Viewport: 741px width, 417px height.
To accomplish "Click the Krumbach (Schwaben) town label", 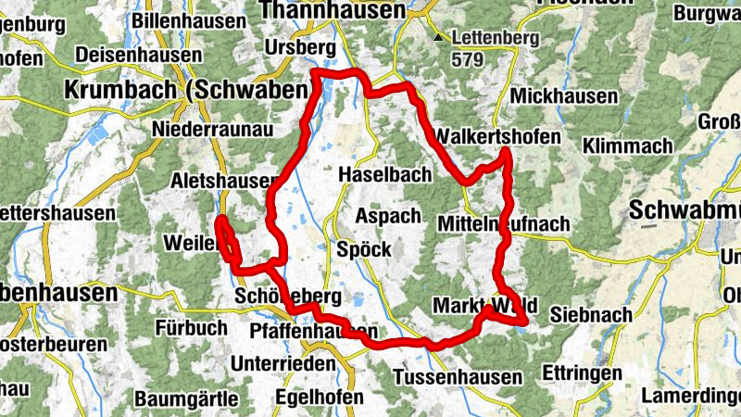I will [185, 90].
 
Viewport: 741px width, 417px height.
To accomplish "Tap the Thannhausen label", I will [333, 10].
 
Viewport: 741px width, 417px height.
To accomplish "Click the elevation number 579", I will [469, 58].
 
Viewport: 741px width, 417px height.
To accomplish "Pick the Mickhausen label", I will [563, 96].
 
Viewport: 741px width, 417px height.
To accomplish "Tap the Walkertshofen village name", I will [502, 136].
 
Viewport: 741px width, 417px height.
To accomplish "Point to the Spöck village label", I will [364, 249].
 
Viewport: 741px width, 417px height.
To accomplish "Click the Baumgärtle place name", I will [187, 399].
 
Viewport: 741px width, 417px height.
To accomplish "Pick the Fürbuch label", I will [191, 327].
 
